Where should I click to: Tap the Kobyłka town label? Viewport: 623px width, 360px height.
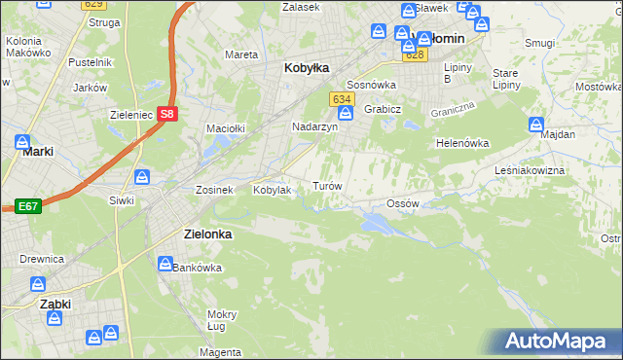click(x=306, y=68)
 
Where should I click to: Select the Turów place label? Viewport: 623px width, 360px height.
click(x=326, y=185)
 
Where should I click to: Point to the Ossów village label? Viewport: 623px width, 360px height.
click(x=402, y=203)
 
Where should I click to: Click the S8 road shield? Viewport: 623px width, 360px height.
click(x=167, y=113)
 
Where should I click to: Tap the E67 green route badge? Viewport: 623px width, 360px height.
click(x=26, y=206)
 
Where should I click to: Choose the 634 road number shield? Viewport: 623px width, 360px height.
click(x=340, y=99)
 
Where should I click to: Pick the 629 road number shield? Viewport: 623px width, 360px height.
click(x=92, y=5)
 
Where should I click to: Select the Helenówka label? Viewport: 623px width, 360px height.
click(x=461, y=143)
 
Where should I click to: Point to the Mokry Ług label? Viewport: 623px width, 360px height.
click(x=222, y=320)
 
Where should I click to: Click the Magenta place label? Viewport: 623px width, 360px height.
click(x=222, y=351)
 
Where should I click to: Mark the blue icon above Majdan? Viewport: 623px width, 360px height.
click(x=535, y=125)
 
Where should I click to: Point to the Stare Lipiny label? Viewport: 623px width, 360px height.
click(x=505, y=79)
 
